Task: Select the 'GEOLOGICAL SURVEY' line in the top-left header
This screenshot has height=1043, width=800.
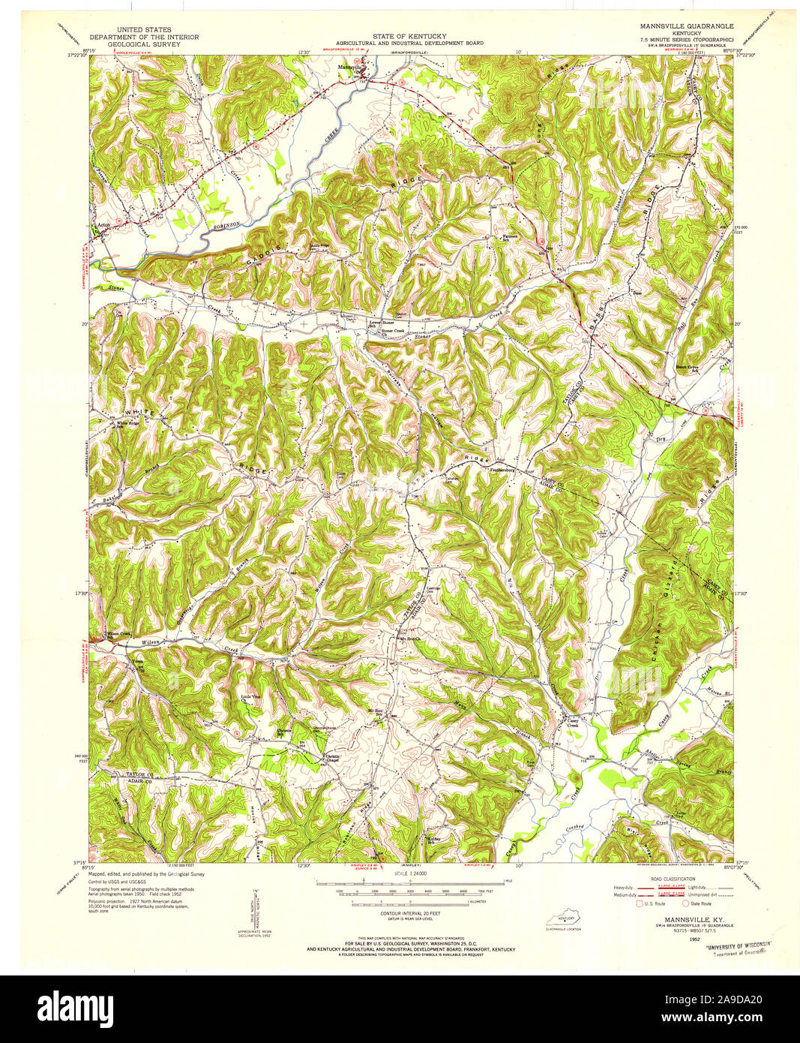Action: pos(130,44)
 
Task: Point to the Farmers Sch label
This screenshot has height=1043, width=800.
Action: pos(511,239)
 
